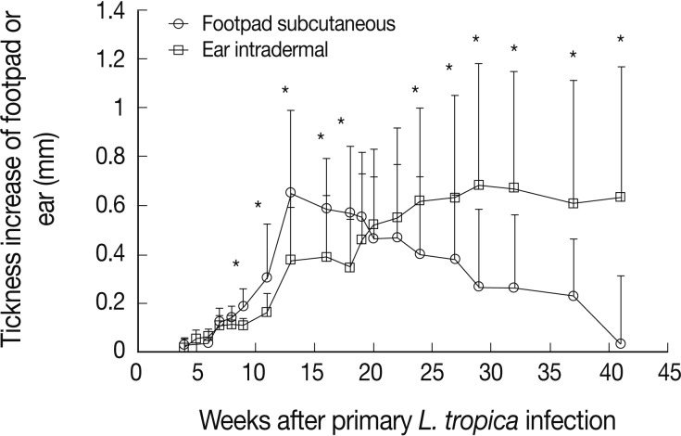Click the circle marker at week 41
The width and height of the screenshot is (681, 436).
tap(620, 343)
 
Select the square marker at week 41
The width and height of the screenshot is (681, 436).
tap(620, 197)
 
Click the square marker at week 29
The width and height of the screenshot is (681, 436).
tap(479, 185)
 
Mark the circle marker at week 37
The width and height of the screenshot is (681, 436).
tap(573, 296)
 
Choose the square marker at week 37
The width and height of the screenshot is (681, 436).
tap(573, 203)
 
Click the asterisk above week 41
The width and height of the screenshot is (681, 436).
tap(620, 39)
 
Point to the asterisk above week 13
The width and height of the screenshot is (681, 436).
tap(285, 91)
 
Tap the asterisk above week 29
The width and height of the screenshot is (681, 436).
tap(476, 39)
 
